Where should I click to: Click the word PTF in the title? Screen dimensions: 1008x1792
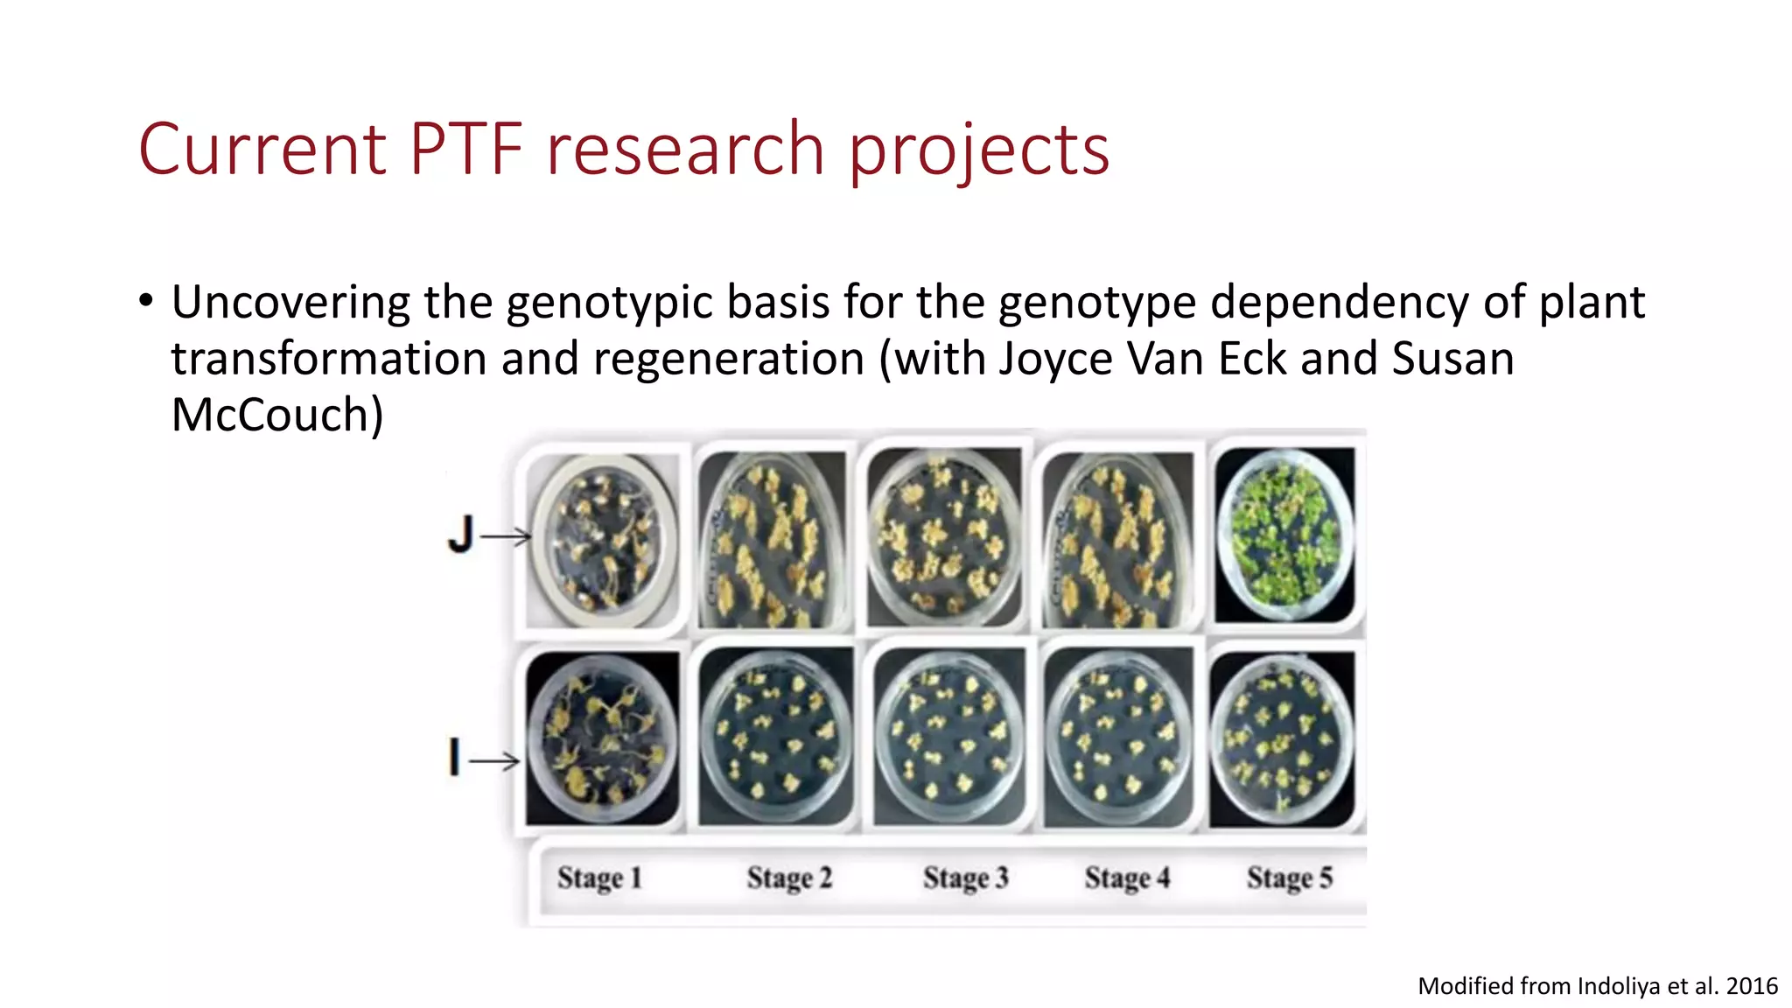tap(465, 149)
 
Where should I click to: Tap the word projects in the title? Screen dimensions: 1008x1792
tap(979, 150)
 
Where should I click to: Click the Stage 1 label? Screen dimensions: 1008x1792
tap(599, 878)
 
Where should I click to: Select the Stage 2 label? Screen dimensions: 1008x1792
tap(789, 878)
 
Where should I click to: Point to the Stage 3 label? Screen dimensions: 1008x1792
tap(966, 878)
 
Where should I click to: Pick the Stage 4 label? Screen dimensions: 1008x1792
tap(1127, 878)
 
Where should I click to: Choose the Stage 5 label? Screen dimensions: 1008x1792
tap(1290, 878)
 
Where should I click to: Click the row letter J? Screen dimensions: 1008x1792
tap(460, 535)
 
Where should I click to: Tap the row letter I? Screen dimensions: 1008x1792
tap(454, 757)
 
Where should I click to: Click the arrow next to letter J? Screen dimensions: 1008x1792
tap(507, 536)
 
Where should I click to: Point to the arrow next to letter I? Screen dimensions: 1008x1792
tap(495, 761)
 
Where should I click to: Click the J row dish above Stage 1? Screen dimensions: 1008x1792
tap(605, 540)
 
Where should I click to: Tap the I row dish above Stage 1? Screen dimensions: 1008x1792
tap(602, 738)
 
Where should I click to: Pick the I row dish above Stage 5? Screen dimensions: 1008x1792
tap(1282, 740)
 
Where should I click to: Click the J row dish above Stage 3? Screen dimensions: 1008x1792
tap(943, 537)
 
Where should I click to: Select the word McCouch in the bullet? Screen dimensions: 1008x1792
tap(276, 415)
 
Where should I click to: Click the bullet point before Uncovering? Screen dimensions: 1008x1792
tap(146, 302)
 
